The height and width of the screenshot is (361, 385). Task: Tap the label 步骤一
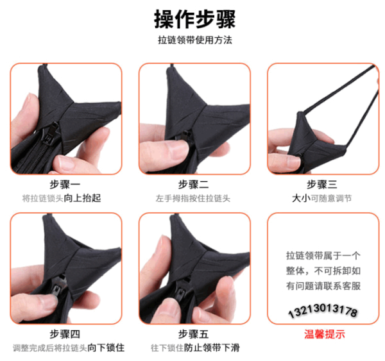[65, 184]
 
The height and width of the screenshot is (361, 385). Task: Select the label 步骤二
[194, 184]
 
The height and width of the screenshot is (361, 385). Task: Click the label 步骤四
[65, 334]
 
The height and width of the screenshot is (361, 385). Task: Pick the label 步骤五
[194, 334]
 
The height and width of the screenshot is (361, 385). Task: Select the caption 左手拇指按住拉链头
[194, 198]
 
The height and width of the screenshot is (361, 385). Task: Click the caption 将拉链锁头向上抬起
[65, 198]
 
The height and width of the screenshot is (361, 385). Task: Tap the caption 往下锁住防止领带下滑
[194, 348]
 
